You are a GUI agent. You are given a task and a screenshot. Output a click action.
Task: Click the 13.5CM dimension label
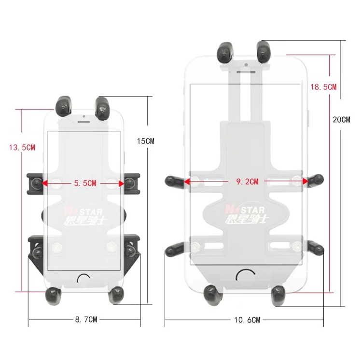[22, 148]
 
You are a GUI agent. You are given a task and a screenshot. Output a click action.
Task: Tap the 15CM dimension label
[145, 141]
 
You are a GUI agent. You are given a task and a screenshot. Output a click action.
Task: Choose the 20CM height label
[341, 120]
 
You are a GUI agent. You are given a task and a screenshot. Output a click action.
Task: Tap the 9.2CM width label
[247, 181]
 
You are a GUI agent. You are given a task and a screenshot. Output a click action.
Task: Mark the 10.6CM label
[247, 320]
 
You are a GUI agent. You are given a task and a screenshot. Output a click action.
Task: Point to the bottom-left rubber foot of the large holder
[211, 292]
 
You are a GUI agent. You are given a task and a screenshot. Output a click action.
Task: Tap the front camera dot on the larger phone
[246, 64]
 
